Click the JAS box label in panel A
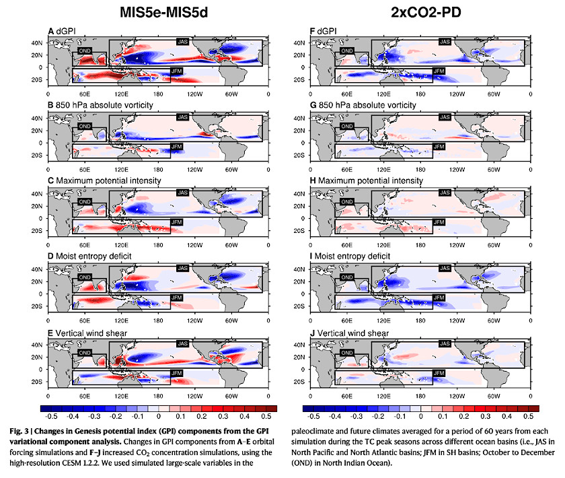click(182, 42)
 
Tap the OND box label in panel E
click(85, 352)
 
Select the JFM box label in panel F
click(437, 71)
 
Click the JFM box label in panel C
click(177, 221)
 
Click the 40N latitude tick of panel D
click(36, 269)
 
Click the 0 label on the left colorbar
click(157, 416)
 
